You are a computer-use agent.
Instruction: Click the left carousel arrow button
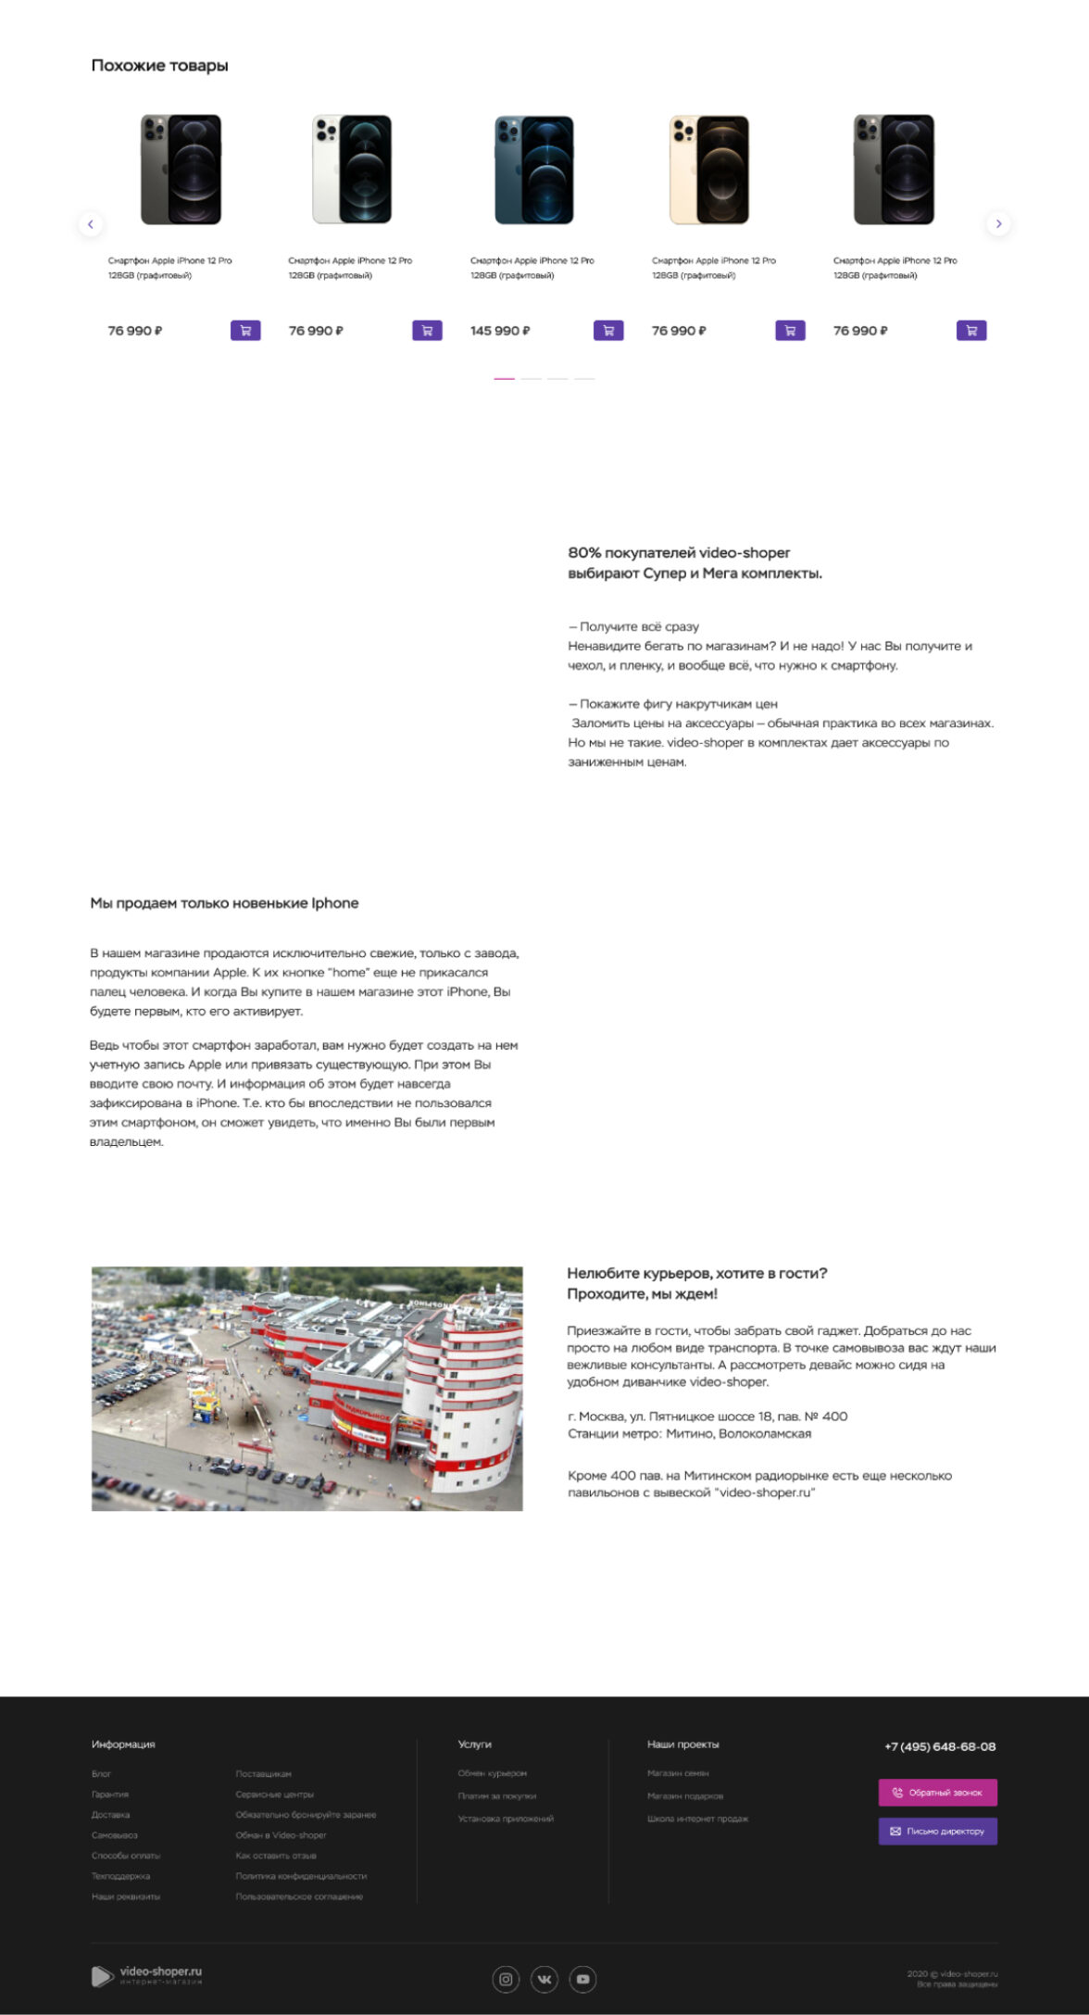(x=90, y=224)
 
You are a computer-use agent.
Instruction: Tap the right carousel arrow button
(x=998, y=224)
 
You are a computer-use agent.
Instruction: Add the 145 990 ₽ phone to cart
(x=608, y=331)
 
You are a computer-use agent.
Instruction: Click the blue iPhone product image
(x=534, y=170)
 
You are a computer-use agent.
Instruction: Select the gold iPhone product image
(x=709, y=170)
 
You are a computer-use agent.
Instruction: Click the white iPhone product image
(x=352, y=170)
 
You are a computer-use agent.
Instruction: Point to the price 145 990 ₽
(x=500, y=331)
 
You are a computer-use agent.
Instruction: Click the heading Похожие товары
(x=159, y=66)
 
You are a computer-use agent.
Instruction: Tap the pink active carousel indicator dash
(x=504, y=379)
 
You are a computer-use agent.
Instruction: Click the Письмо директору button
(x=937, y=1832)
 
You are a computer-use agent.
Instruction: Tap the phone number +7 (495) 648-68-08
(x=940, y=1746)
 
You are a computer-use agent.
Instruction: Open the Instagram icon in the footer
(x=506, y=1980)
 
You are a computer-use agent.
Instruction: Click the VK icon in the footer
(x=544, y=1980)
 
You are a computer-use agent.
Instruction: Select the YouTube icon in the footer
(x=582, y=1980)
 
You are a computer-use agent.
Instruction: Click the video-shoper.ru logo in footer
(x=147, y=1975)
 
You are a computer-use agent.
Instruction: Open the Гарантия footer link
(x=110, y=1795)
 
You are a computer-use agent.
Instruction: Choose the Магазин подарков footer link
(x=685, y=1796)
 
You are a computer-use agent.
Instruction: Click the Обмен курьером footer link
(x=492, y=1773)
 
